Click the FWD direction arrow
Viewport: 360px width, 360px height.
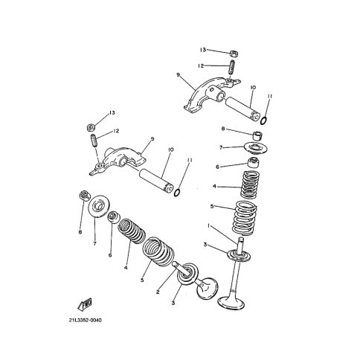click(x=85, y=304)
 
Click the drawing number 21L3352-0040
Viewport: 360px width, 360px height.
click(x=86, y=320)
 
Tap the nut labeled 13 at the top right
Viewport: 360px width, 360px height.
click(x=233, y=54)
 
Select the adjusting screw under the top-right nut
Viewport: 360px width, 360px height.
click(x=231, y=67)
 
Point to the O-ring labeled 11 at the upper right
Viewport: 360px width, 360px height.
click(x=264, y=120)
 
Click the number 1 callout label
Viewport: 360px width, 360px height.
click(x=209, y=225)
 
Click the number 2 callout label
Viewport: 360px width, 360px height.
click(x=158, y=292)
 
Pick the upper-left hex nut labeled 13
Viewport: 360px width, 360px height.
click(x=91, y=127)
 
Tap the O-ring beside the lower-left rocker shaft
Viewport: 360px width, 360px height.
click(x=177, y=193)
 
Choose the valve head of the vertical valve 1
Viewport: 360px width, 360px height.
click(x=231, y=303)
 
